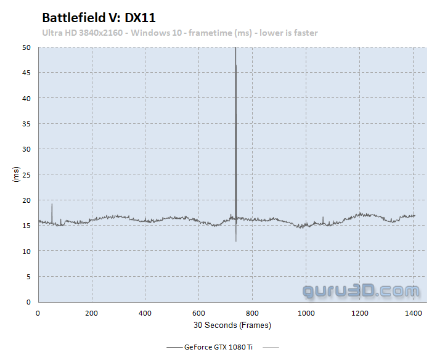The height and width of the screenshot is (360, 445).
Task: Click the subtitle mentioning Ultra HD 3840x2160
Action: pyautogui.click(x=180, y=33)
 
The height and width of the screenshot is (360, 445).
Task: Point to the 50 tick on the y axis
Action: pyautogui.click(x=27, y=47)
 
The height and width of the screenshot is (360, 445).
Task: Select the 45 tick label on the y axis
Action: pyautogui.click(x=27, y=73)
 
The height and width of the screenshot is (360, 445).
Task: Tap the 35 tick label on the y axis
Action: pyautogui.click(x=27, y=124)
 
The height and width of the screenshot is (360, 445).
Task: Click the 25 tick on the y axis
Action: pyautogui.click(x=27, y=174)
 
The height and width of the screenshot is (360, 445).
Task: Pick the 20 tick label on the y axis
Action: pyautogui.click(x=27, y=200)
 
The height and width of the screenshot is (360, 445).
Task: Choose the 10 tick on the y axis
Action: pyautogui.click(x=27, y=251)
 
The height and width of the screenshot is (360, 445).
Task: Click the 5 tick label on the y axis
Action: pyautogui.click(x=28, y=277)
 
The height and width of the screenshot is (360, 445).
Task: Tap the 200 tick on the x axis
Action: pyautogui.click(x=92, y=313)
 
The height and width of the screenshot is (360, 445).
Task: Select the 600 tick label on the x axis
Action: pyautogui.click(x=199, y=313)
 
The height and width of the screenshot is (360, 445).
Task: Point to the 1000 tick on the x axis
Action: pyautogui.click(x=306, y=313)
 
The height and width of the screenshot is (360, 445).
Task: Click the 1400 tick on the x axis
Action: pyautogui.click(x=414, y=313)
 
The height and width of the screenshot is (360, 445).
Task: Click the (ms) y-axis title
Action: pyautogui.click(x=15, y=174)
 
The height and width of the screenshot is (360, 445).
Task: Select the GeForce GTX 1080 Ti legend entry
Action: pyautogui.click(x=218, y=347)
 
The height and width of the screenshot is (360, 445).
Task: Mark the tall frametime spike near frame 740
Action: pyautogui.click(x=235, y=123)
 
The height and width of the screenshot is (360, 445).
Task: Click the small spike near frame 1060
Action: pyautogui.click(x=323, y=219)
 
